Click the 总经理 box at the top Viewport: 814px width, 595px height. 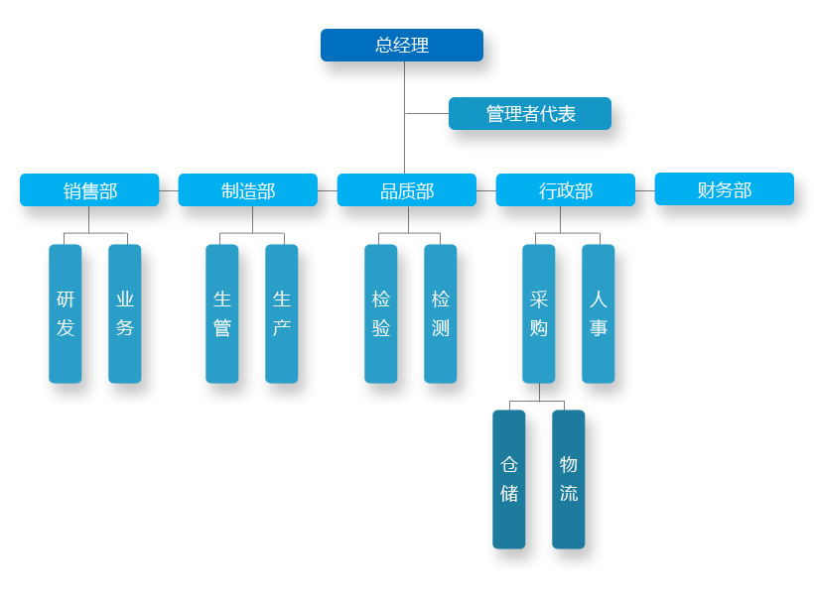pyautogui.click(x=402, y=46)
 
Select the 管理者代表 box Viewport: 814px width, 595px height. pyautogui.click(x=530, y=114)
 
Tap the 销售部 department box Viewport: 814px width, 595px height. pyautogui.click(x=89, y=190)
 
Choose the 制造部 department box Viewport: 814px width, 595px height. pyautogui.click(x=248, y=190)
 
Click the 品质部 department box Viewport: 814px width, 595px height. pyautogui.click(x=407, y=190)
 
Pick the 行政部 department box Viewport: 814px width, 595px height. pyautogui.click(x=566, y=190)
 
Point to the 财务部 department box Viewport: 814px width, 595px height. pyautogui.click(x=725, y=189)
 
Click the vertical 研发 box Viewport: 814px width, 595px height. pyautogui.click(x=66, y=313)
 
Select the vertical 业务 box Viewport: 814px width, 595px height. pyautogui.click(x=125, y=313)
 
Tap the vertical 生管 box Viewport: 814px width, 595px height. pyautogui.click(x=222, y=313)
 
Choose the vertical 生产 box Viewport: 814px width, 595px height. pyautogui.click(x=282, y=313)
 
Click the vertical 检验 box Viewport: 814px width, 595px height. pyautogui.click(x=381, y=313)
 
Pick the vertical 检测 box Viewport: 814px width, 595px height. pyautogui.click(x=441, y=313)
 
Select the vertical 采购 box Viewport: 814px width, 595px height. pyautogui.click(x=539, y=313)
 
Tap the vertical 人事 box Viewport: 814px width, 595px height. pyautogui.click(x=599, y=313)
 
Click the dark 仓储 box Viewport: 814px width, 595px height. pyautogui.click(x=509, y=479)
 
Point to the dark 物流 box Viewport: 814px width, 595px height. pyautogui.click(x=569, y=479)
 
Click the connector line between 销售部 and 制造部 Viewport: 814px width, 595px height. pyautogui.click(x=169, y=190)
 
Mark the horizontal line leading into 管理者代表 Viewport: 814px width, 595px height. pyautogui.click(x=427, y=114)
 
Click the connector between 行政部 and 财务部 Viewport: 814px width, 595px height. pyautogui.click(x=645, y=190)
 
